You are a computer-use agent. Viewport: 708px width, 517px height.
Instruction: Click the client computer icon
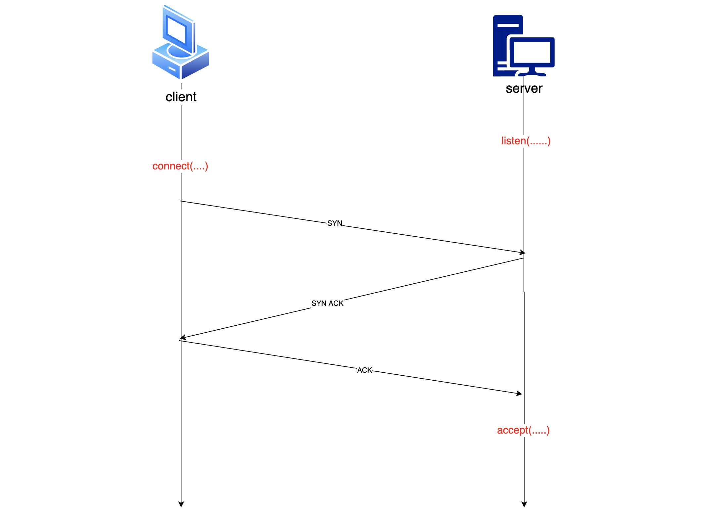181,43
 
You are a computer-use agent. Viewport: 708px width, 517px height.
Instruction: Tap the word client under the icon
181,97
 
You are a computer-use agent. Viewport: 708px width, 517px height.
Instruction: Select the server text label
524,88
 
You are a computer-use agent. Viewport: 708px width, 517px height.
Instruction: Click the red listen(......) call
526,141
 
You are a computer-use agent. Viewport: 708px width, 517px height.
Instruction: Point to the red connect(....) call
180,166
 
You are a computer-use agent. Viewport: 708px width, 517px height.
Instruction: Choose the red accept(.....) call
523,430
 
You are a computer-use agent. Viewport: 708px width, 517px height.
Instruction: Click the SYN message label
334,223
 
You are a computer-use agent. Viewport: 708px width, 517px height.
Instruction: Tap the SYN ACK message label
327,303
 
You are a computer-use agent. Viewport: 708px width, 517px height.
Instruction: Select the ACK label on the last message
364,370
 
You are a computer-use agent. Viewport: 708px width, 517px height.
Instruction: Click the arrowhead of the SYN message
523,253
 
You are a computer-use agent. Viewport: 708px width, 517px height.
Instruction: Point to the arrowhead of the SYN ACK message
182,338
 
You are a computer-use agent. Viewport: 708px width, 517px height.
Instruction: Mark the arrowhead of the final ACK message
520,394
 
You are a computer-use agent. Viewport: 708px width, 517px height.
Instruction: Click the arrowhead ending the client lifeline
181,504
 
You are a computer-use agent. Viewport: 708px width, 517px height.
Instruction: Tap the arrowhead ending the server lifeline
524,504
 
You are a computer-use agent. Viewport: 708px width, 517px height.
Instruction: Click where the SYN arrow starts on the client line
181,201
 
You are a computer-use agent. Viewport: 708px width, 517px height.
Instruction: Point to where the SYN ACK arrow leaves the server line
524,258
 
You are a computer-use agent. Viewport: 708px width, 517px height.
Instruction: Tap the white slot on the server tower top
508,25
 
